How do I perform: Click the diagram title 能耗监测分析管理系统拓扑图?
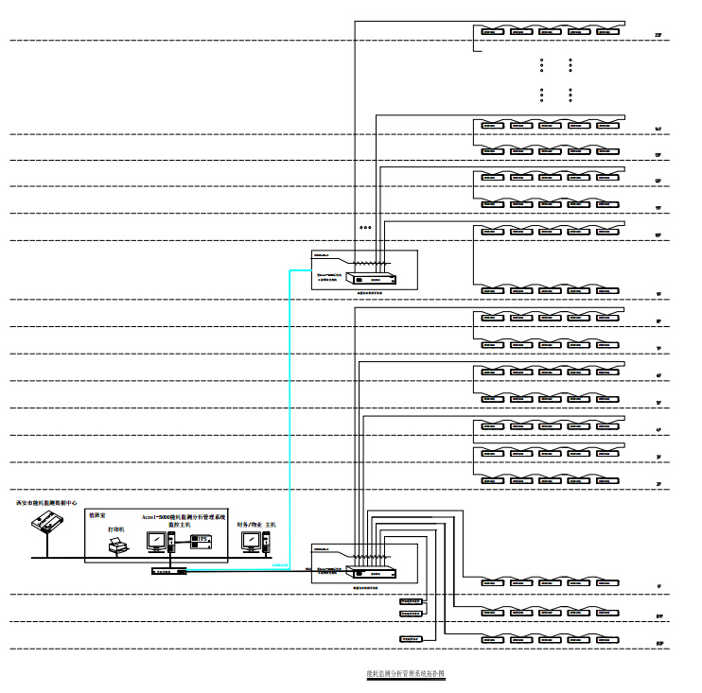coord(405,674)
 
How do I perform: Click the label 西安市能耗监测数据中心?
coord(47,503)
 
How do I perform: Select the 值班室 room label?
coord(97,515)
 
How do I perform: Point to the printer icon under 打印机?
coord(117,546)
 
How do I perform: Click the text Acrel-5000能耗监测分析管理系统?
coord(184,517)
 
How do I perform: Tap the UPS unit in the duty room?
coord(201,540)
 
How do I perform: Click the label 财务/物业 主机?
coord(256,524)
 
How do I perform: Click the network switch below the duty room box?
coord(168,571)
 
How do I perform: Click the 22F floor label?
coord(658,35)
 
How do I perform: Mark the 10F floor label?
coord(658,234)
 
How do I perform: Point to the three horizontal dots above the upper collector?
coord(366,228)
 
